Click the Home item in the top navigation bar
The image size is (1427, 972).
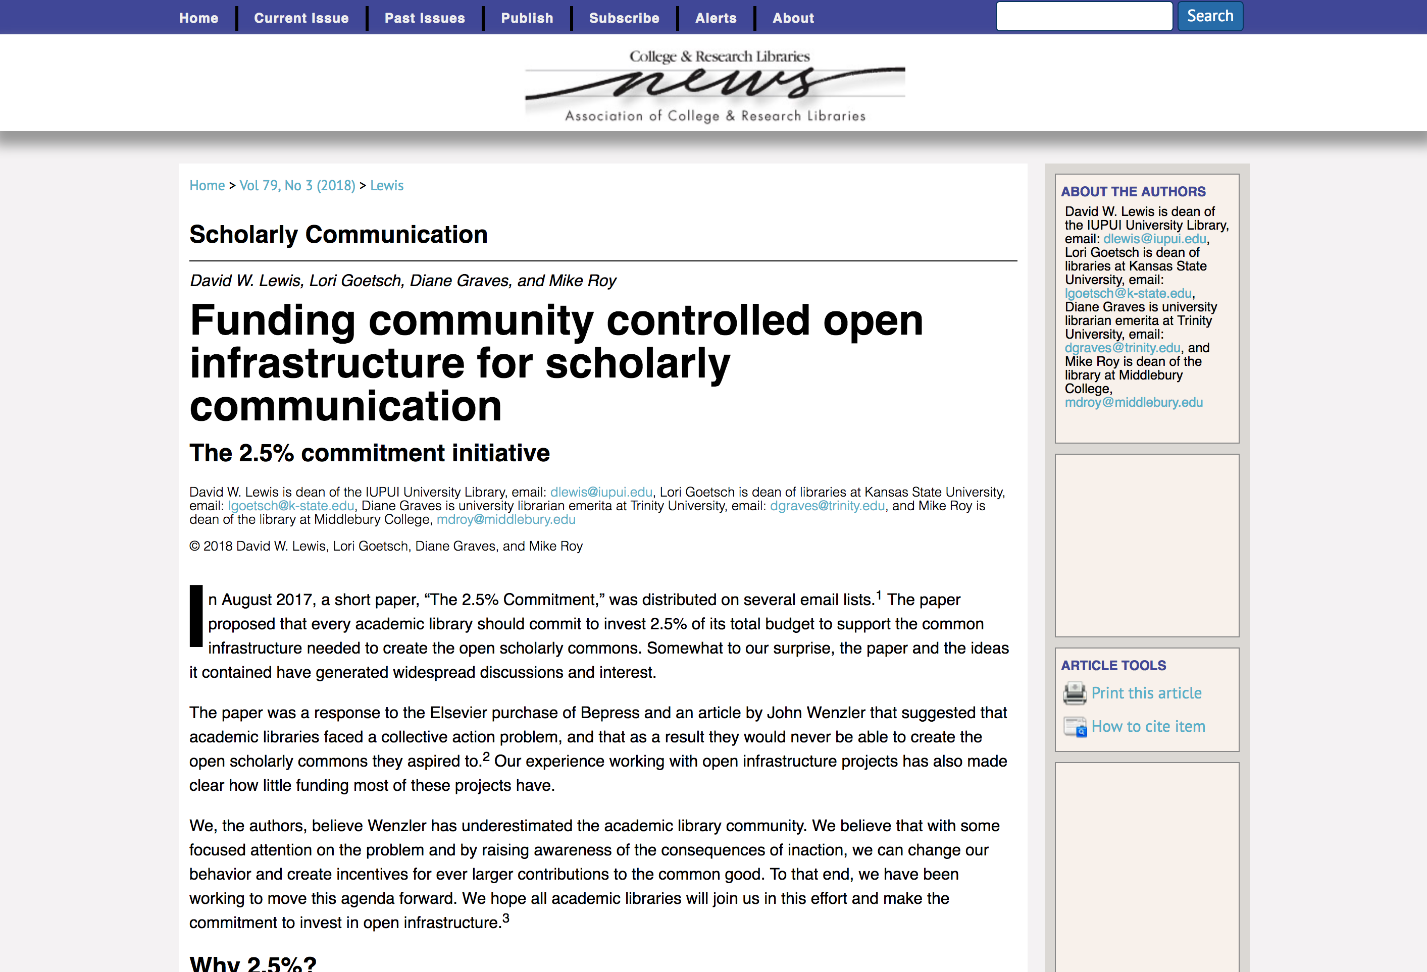(x=198, y=18)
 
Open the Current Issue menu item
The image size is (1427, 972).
(x=301, y=18)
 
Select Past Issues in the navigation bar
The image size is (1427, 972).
(x=424, y=18)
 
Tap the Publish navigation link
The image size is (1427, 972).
(x=527, y=18)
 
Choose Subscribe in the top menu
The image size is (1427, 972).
(x=624, y=18)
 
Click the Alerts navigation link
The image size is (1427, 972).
(x=716, y=18)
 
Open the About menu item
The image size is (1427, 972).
(x=793, y=18)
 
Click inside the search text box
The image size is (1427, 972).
(x=1084, y=16)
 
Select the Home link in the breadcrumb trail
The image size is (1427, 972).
(x=207, y=185)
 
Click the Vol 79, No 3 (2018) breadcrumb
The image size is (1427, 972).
(x=297, y=185)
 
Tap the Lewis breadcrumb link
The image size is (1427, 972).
(x=387, y=185)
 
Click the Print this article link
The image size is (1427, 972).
(x=1146, y=693)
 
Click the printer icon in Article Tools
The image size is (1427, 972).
(x=1075, y=693)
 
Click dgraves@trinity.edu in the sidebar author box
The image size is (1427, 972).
(x=1122, y=348)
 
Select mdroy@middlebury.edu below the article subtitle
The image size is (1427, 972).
(x=506, y=520)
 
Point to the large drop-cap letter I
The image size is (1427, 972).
(x=196, y=616)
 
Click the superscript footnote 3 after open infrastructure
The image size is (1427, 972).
(x=506, y=918)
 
